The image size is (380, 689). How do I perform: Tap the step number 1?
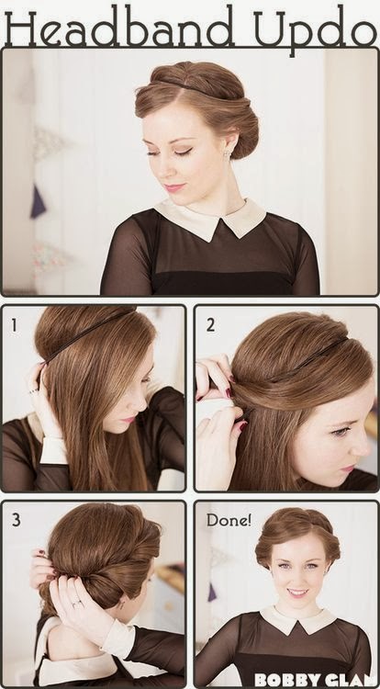14,325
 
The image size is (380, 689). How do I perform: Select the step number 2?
210,325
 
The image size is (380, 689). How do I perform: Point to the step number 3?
17,520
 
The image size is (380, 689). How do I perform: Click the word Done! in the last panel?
229,521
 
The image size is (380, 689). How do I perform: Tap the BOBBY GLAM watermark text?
316,679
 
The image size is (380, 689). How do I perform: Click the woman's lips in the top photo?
174,187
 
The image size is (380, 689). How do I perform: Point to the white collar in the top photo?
210,219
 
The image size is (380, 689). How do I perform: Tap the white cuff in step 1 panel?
53,450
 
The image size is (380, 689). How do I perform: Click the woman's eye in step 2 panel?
339,432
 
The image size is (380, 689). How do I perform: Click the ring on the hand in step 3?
77,604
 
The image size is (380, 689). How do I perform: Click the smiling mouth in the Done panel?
297,593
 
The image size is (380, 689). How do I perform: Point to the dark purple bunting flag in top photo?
39,202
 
